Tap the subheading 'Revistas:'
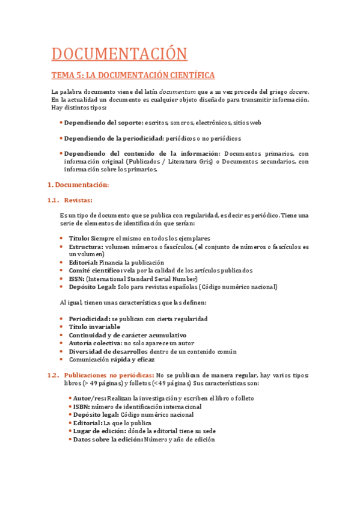pyautogui.click(x=78, y=200)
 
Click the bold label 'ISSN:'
pyautogui.click(x=76, y=278)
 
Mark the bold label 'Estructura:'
pyautogui.click(x=85, y=247)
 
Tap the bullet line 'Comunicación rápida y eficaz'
pyautogui.click(x=111, y=360)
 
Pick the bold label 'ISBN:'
pyautogui.click(x=81, y=407)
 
